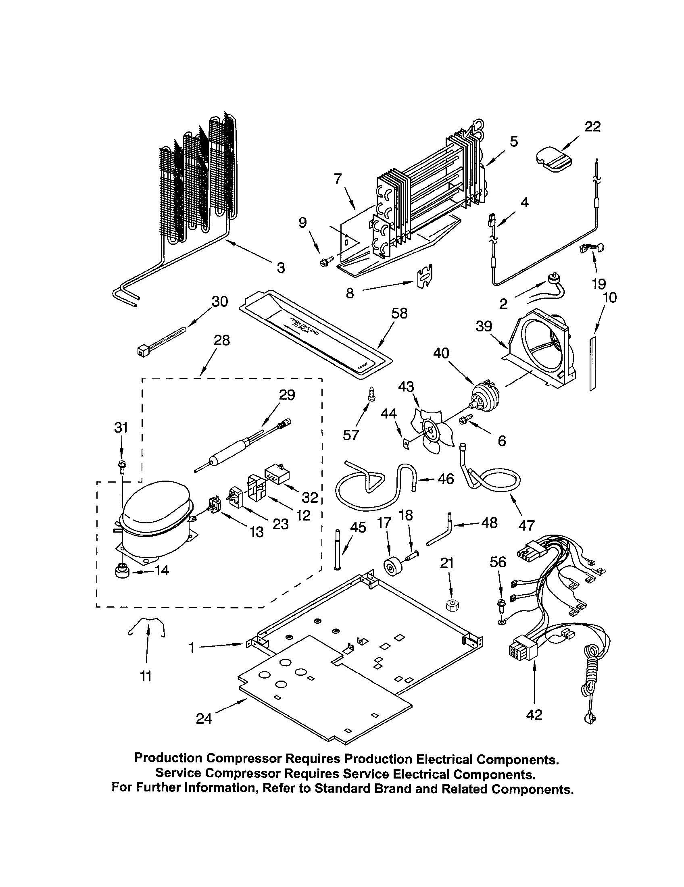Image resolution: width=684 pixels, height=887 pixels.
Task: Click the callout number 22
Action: (x=592, y=127)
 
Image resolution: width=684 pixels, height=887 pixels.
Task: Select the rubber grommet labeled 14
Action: (x=122, y=571)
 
